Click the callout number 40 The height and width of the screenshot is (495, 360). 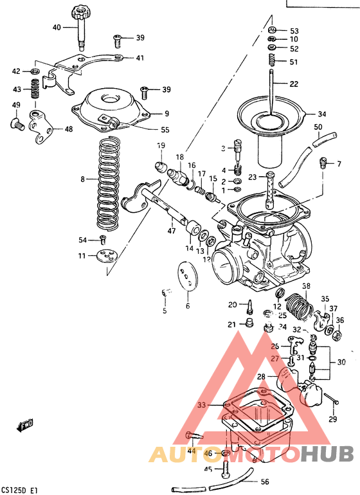tap(57, 27)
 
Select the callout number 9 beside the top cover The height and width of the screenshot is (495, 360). tap(166, 114)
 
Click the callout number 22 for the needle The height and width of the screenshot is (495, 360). tap(294, 84)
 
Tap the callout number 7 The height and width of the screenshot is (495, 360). tap(339, 165)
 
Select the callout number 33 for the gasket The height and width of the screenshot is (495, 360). tap(202, 405)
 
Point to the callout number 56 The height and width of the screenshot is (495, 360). tap(265, 481)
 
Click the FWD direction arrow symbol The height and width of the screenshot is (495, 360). tap(24, 425)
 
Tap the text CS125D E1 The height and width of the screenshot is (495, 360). tap(19, 489)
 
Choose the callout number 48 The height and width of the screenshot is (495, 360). tap(68, 129)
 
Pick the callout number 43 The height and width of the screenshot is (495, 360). tap(17, 89)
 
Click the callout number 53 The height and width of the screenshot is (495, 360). tap(294, 31)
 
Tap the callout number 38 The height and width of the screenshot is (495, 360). tap(307, 286)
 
